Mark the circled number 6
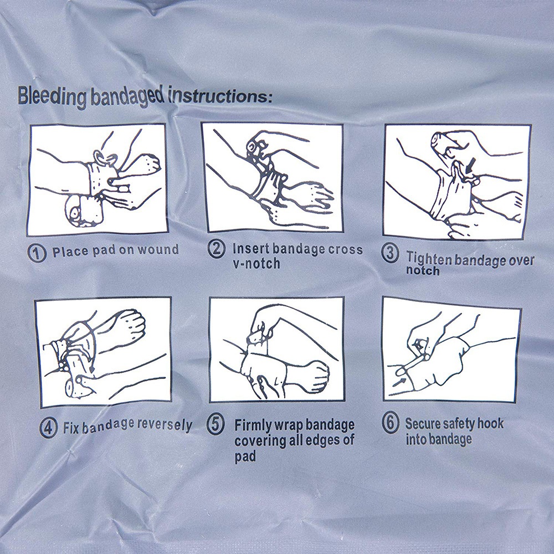[x=391, y=424]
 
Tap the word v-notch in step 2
[x=257, y=263]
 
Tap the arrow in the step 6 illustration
[x=398, y=381]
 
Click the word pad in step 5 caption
[x=245, y=456]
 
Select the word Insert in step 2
[x=251, y=249]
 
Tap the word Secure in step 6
[x=424, y=424]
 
